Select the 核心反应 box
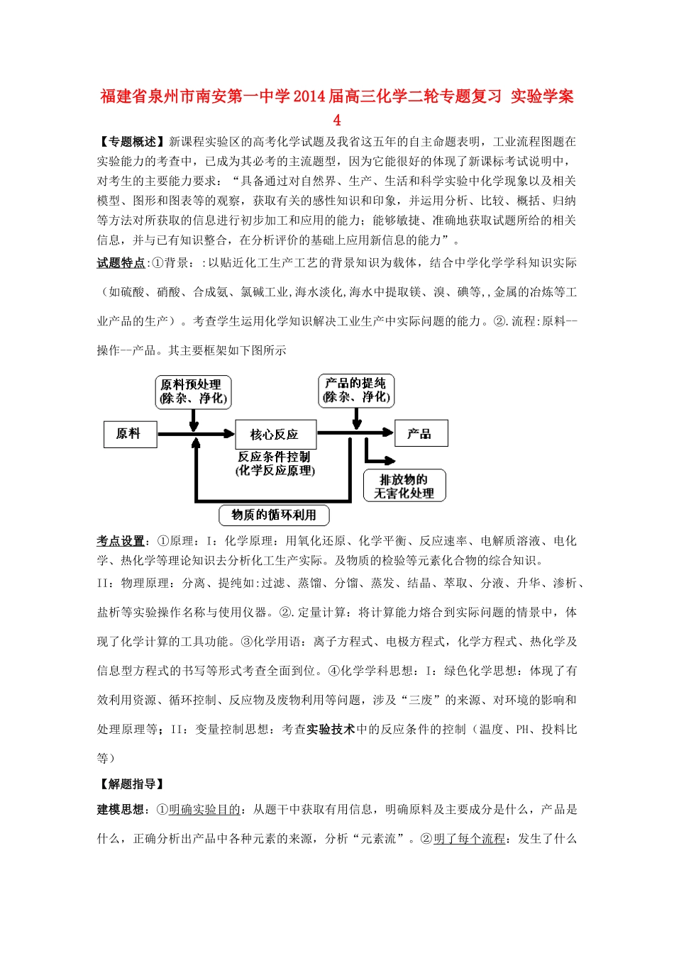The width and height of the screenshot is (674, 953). [275, 434]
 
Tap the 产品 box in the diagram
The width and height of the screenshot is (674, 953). [420, 433]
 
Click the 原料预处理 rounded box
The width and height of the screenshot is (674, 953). [194, 391]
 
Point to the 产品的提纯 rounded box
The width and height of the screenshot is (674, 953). [356, 391]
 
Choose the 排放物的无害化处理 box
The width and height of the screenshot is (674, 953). [404, 486]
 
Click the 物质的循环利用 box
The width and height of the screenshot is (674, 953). [274, 515]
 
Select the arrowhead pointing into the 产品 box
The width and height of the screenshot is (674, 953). [386, 433]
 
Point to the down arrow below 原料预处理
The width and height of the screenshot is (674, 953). [194, 420]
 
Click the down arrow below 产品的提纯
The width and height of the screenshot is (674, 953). [357, 419]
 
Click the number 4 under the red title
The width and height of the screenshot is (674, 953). [337, 120]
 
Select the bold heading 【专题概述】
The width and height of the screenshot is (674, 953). [133, 142]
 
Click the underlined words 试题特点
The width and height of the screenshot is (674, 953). [121, 263]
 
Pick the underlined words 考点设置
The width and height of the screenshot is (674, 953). [121, 541]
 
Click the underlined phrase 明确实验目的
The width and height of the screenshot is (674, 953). [204, 810]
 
